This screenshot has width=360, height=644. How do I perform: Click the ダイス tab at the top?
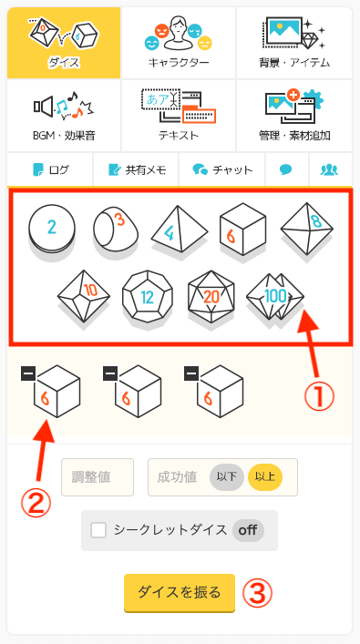pos(64,43)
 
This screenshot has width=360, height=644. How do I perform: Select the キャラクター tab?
pos(179,43)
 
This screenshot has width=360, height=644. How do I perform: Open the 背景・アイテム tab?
pos(294,43)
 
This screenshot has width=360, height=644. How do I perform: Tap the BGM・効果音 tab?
pos(64,116)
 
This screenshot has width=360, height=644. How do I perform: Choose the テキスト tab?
pos(179,116)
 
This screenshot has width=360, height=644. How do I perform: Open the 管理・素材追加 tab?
pos(294,116)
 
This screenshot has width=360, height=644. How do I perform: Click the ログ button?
pos(50,169)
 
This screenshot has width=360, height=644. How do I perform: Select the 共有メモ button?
pos(136,169)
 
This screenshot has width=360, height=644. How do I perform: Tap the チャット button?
pos(221,169)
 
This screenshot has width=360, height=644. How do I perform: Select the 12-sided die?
pos(148,296)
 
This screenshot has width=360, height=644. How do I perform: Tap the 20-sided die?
pos(211,296)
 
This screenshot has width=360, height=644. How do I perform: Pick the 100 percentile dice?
pos(275,296)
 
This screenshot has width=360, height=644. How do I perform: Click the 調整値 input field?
pos(98,477)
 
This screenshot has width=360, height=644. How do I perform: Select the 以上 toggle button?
pos(265,477)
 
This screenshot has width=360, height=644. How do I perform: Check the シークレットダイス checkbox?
pos(98,530)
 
